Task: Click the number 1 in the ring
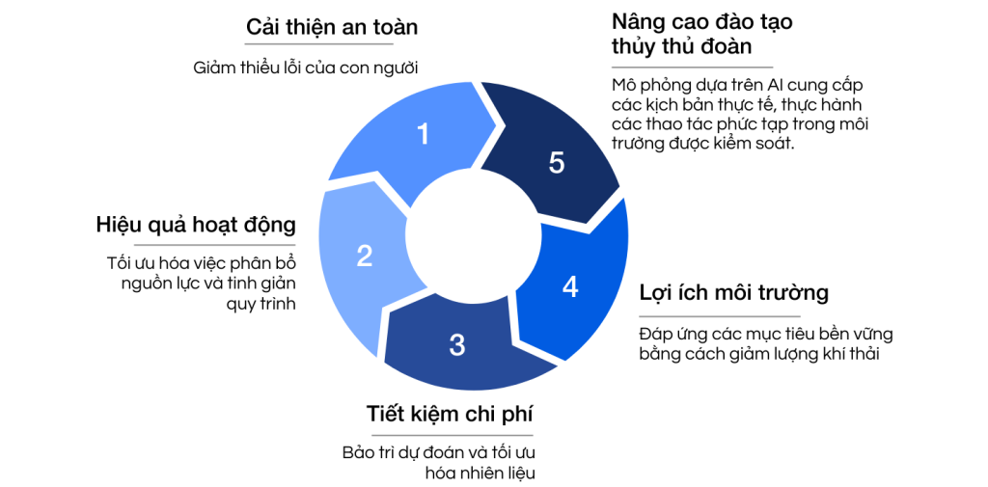[x=423, y=135]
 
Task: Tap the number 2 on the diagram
[x=364, y=256]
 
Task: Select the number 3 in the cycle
[x=457, y=343]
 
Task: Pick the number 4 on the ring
[x=570, y=287]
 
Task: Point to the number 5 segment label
[x=557, y=163]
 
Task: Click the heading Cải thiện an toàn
[x=332, y=26]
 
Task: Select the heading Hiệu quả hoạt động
[x=195, y=226]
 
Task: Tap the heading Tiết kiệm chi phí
[x=450, y=415]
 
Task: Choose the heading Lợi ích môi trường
[x=734, y=293]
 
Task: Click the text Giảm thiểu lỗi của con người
[x=306, y=68]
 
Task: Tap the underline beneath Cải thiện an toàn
[x=332, y=44]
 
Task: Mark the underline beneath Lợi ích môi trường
[x=720, y=315]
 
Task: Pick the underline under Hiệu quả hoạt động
[x=195, y=244]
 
